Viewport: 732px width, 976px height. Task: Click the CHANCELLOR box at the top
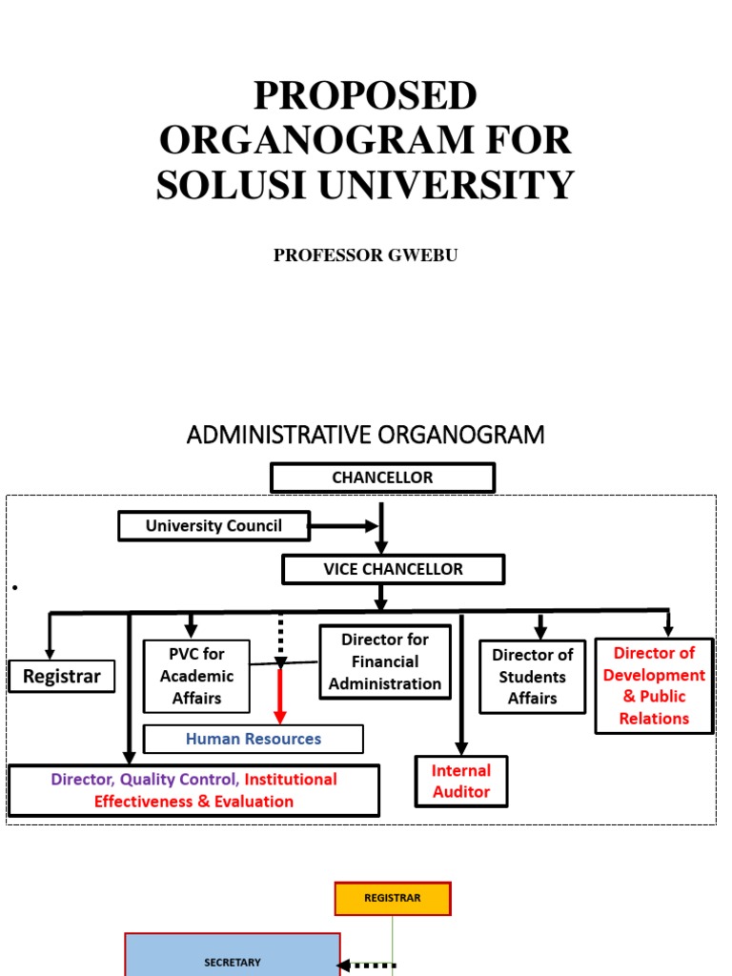tap(382, 478)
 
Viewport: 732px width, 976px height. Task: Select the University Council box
tap(213, 526)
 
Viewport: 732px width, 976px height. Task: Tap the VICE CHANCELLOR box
tap(393, 569)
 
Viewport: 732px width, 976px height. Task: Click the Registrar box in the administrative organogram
tap(62, 677)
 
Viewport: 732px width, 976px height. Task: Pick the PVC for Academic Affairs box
tap(196, 676)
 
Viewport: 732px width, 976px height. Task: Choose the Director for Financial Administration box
tap(385, 661)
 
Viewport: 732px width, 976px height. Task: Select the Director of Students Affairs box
tap(532, 677)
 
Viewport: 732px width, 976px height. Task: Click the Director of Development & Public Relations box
tap(654, 685)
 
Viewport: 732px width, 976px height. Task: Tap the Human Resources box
tap(254, 739)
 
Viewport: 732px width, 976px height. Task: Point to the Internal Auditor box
tap(461, 782)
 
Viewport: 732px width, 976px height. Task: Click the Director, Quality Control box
tap(193, 790)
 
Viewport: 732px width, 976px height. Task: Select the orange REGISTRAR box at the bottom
tap(392, 898)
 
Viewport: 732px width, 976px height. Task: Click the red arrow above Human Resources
tap(280, 696)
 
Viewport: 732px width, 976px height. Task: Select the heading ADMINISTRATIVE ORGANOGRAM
tap(365, 436)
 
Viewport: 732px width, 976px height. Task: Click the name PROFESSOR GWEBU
tap(366, 255)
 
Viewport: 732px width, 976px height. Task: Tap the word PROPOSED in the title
tap(365, 96)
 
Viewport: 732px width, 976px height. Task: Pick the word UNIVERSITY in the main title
tap(447, 184)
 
